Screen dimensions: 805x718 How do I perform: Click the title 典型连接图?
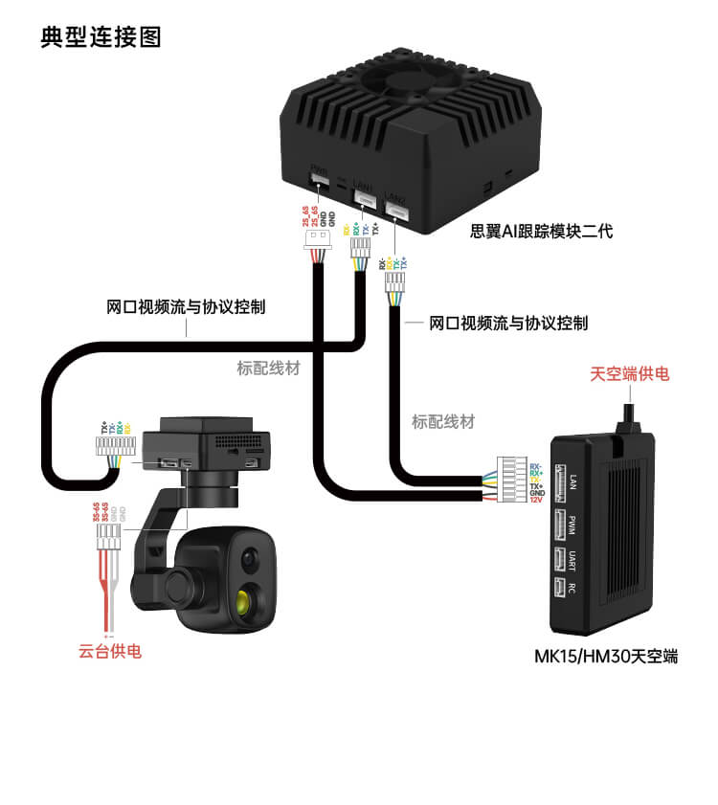click(101, 37)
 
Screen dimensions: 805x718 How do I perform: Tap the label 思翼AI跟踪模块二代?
click(541, 231)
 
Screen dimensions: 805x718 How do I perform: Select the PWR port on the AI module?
click(320, 181)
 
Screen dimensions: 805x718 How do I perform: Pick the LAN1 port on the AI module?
click(364, 197)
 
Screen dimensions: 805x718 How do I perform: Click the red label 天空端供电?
click(630, 373)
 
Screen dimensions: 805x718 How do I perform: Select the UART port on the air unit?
click(557, 559)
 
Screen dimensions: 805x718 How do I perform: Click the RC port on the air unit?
click(556, 590)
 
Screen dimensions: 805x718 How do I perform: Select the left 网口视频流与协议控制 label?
click(186, 308)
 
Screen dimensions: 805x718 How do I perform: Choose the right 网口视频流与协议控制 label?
click(508, 324)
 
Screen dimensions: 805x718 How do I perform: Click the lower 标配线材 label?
click(442, 421)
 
